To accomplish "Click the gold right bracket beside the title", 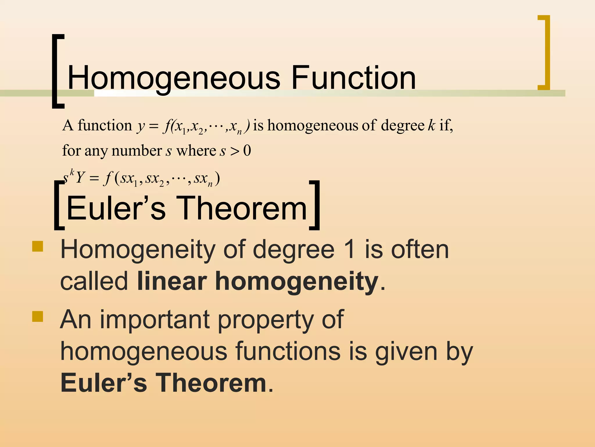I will [x=544, y=52].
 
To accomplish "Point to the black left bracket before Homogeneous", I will [x=57, y=71].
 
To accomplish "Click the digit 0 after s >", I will [x=247, y=151].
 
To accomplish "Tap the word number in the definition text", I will [x=137, y=151].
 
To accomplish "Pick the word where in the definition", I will [x=196, y=151].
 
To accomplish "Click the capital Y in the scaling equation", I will [x=80, y=178].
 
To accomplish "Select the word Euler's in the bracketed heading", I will [x=116, y=208].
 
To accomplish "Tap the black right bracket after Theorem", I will [x=315, y=205].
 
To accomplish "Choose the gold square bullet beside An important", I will [x=38, y=316].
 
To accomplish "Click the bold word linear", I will [x=172, y=281].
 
